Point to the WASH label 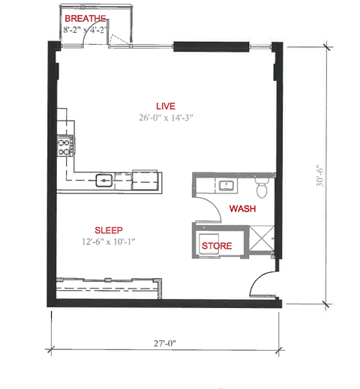coord(242,208)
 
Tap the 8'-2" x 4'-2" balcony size coord(90,31)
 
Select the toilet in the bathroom coord(261,184)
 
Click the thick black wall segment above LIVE coord(211,46)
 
